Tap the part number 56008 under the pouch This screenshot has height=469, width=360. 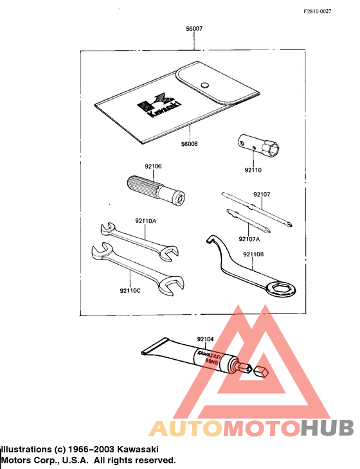pos(189,145)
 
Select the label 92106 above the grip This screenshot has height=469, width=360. pos(153,166)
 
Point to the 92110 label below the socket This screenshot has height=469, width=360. pos(253,170)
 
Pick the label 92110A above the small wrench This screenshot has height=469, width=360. pos(146,221)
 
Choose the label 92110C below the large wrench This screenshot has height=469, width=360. pos(130,290)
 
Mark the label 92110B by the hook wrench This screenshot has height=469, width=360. pos(253,254)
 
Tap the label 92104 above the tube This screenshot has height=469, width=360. pos(205,338)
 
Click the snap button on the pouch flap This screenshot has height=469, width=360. pos(204,84)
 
